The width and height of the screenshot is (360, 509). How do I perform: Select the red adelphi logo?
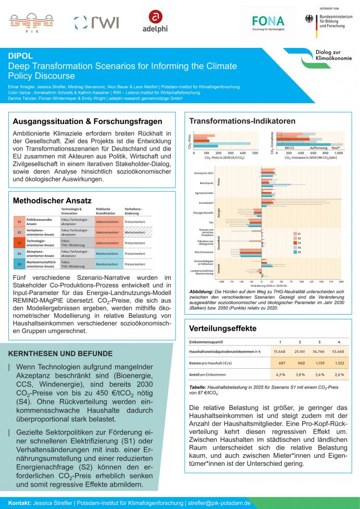pyautogui.click(x=155, y=22)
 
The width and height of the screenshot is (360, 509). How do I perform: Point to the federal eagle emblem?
pyautogui.click(x=309, y=20)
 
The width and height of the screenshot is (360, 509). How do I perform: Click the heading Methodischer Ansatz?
pyautogui.click(x=52, y=200)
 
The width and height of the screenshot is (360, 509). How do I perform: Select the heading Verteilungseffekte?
pyautogui.click(x=222, y=329)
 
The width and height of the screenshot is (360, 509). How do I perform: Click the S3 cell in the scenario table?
pyautogui.click(x=19, y=243)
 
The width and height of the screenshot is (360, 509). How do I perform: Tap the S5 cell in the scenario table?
pyautogui.click(x=19, y=264)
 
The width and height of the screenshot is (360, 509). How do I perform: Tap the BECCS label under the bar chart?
pyautogui.click(x=290, y=147)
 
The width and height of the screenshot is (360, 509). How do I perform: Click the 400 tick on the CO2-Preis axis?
pyautogui.click(x=243, y=153)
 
